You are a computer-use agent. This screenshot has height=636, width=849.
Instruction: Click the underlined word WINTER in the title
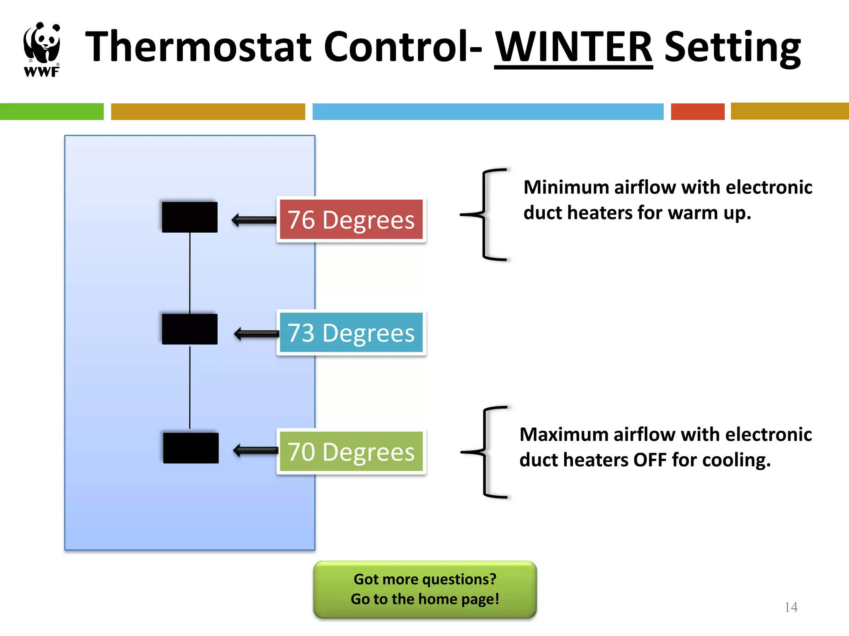click(573, 46)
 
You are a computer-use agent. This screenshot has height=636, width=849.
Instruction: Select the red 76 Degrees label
click(351, 219)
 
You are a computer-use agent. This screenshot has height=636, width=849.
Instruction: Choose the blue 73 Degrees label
click(351, 332)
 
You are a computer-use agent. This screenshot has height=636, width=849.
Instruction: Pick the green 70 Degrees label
click(351, 451)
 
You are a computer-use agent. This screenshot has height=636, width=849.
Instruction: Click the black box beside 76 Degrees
click(189, 217)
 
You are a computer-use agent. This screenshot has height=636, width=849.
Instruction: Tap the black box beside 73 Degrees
click(189, 329)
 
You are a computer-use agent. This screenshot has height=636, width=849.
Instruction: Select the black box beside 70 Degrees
click(191, 448)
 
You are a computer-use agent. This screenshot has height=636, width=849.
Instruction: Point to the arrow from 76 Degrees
click(254, 220)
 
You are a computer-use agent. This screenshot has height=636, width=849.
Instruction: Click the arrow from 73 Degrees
click(256, 333)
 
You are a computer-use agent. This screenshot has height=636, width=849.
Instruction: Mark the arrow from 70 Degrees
click(255, 450)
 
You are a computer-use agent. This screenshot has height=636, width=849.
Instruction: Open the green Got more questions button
click(425, 589)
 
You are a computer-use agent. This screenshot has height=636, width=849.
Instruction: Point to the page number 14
click(791, 607)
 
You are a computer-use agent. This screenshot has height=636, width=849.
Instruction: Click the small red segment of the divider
click(697, 112)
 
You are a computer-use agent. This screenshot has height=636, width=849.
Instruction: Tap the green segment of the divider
click(51, 112)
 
